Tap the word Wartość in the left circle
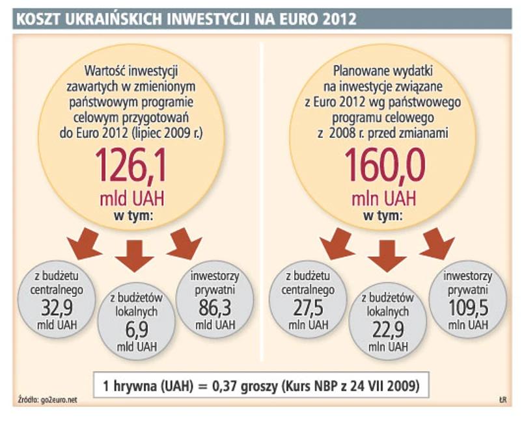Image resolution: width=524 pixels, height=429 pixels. click(x=107, y=69)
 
